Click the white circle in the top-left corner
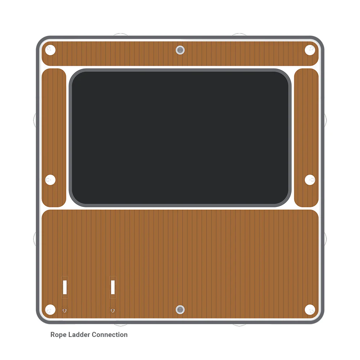[x=50, y=50]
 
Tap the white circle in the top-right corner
[x=310, y=50]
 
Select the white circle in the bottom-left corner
[x=50, y=310]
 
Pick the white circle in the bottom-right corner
[x=310, y=310]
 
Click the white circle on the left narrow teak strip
[x=50, y=180]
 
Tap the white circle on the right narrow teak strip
[x=310, y=180]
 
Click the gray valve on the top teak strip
[x=180, y=50]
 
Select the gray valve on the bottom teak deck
[x=180, y=310]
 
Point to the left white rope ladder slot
[x=65, y=287]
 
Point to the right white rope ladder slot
[x=113, y=287]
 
